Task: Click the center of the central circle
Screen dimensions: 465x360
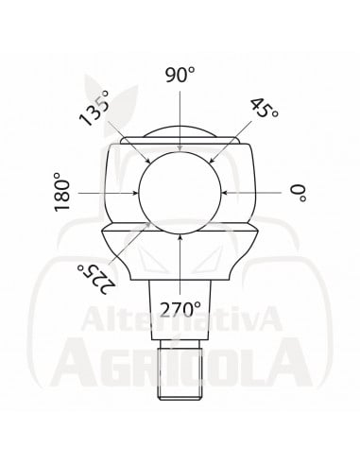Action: [x=180, y=192]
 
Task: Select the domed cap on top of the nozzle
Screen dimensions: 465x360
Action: [x=180, y=132]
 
